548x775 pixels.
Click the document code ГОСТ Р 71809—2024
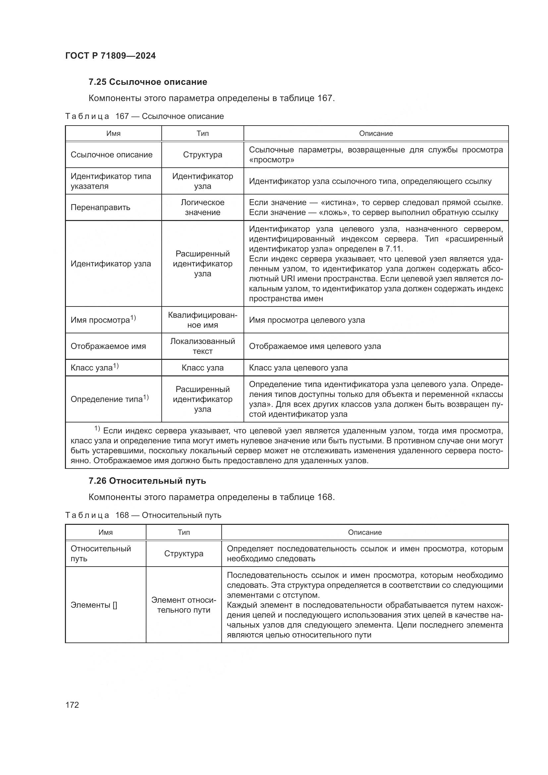pyautogui.click(x=110, y=56)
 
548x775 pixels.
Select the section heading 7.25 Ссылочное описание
pyautogui.click(x=148, y=82)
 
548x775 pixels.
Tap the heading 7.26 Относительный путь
pyautogui.click(x=147, y=481)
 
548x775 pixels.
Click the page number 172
pyautogui.click(x=72, y=705)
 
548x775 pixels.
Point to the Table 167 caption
pyautogui.click(x=144, y=116)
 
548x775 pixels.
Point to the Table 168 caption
pyautogui.click(x=143, y=515)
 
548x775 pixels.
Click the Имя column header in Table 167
pyautogui.click(x=113, y=133)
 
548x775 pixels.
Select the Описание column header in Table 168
pyautogui.click(x=365, y=532)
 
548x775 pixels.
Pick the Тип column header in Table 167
pyautogui.click(x=202, y=133)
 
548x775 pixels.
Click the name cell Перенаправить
pyautogui.click(x=100, y=207)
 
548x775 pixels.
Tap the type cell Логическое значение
pyautogui.click(x=202, y=207)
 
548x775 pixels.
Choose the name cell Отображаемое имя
pyautogui.click(x=108, y=346)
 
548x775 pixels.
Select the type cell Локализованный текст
pyautogui.click(x=202, y=346)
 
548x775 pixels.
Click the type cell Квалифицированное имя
pyautogui.click(x=202, y=320)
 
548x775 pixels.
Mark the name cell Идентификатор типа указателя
pyautogui.click(x=111, y=181)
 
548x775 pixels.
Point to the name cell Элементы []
pyautogui.click(x=94, y=605)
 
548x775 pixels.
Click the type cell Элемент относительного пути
pyautogui.click(x=184, y=605)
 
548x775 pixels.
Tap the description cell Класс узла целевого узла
pyautogui.click(x=298, y=367)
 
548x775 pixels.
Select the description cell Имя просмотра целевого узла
pyautogui.click(x=307, y=320)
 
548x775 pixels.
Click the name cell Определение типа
pyautogui.click(x=109, y=399)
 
